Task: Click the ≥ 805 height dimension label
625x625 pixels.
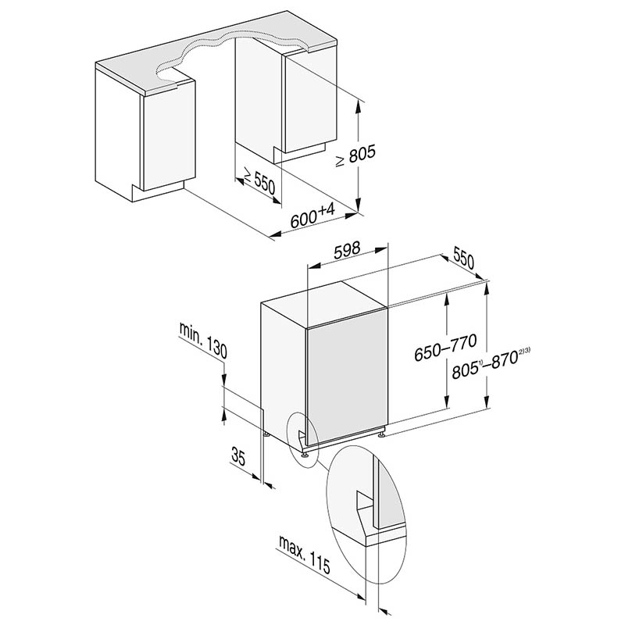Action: [x=355, y=155]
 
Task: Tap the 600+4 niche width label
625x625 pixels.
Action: [x=313, y=216]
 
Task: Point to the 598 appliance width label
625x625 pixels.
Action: [x=347, y=250]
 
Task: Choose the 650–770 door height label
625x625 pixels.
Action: [x=445, y=348]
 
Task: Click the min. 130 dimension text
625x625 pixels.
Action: [x=203, y=340]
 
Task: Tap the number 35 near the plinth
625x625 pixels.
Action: [x=238, y=456]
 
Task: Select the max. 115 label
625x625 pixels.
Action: [x=305, y=555]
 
